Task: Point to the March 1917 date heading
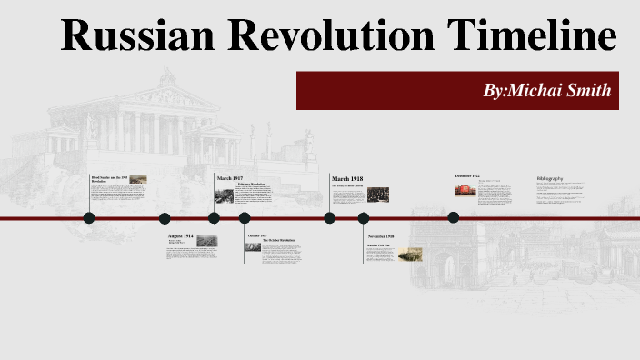pyautogui.click(x=230, y=178)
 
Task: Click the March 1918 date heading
pyautogui.click(x=347, y=178)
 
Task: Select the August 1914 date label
pyautogui.click(x=180, y=235)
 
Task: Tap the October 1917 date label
pyautogui.click(x=257, y=235)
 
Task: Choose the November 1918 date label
pyautogui.click(x=381, y=236)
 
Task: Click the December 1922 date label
pyautogui.click(x=467, y=175)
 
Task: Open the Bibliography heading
pyautogui.click(x=550, y=177)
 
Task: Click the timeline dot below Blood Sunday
pyautogui.click(x=89, y=218)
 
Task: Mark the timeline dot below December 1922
pyautogui.click(x=454, y=217)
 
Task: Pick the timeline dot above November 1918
pyautogui.click(x=364, y=218)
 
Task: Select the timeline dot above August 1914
pyautogui.click(x=165, y=218)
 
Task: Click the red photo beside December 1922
pyautogui.click(x=465, y=189)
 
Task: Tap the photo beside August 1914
pyautogui.click(x=206, y=240)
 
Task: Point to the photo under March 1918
pyautogui.click(x=378, y=194)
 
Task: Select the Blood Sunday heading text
pyautogui.click(x=108, y=178)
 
